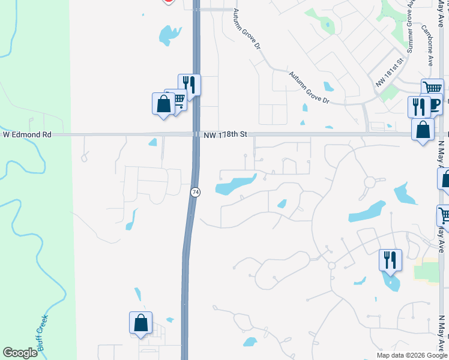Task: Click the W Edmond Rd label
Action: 28,135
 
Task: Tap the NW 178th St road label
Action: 224,135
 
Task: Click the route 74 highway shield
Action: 195,192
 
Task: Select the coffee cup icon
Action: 433,104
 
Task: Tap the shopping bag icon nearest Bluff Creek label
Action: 140,323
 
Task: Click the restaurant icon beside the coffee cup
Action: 418,107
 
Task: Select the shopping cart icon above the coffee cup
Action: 432,89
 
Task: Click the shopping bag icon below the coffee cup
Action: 423,129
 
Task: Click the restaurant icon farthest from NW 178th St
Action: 390,260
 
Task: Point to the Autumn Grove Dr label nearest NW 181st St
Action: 310,88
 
